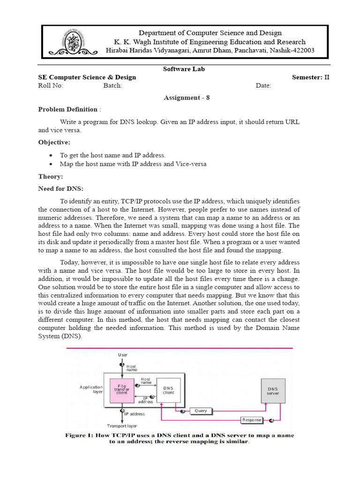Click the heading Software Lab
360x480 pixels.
184,69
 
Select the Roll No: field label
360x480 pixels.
50,86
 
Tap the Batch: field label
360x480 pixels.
112,86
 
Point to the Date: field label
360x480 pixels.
263,86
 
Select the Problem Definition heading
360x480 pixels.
68,109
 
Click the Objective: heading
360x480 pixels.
54,142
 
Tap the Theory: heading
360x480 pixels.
50,177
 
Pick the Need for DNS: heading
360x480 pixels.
60,188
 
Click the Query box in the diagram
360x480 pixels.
200,411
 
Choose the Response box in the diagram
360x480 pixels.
252,420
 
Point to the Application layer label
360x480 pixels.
91,390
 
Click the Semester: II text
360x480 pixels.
310,77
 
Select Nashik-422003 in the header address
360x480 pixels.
289,50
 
